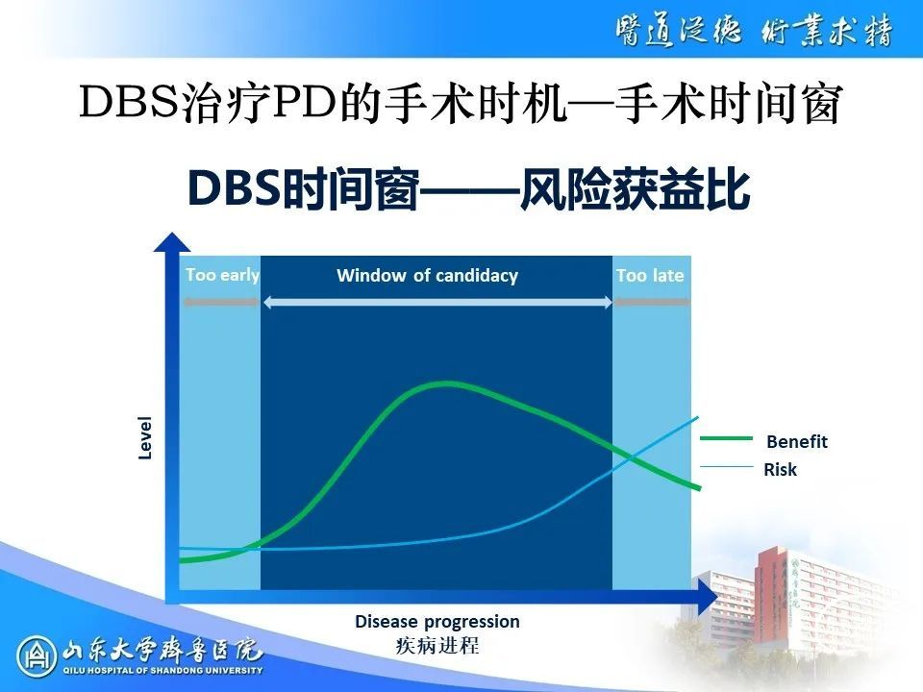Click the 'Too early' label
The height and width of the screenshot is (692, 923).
(222, 276)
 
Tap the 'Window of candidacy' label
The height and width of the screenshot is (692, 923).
(427, 276)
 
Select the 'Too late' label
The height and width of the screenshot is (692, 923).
(650, 276)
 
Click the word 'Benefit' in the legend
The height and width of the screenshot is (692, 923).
(796, 441)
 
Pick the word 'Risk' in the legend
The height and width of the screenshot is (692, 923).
(780, 470)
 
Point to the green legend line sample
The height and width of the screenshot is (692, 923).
(727, 438)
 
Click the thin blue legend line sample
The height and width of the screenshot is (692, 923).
(727, 467)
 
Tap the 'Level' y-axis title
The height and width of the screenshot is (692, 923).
(145, 437)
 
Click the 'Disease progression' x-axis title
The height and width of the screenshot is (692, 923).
(437, 622)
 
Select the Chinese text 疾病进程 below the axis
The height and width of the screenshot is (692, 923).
(437, 646)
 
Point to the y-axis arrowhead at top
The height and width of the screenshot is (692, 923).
(172, 241)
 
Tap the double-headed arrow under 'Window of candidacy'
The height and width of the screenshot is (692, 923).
(438, 303)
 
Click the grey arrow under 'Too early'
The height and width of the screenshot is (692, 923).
(221, 303)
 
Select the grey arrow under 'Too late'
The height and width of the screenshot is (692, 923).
(652, 303)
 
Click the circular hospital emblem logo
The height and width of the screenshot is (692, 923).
(37, 656)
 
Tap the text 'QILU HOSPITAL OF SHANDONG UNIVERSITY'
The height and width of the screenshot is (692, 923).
(163, 670)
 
